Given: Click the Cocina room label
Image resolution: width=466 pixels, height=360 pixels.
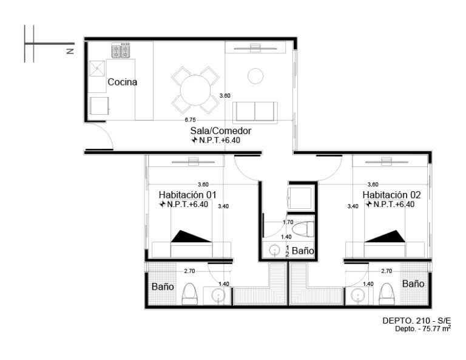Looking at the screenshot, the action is tap(122, 82).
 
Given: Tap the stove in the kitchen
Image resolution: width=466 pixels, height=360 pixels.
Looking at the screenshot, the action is tap(121, 50).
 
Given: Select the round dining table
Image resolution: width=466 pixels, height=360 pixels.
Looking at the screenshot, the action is tap(195, 90).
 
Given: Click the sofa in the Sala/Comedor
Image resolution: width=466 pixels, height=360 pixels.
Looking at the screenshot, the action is tap(255, 112).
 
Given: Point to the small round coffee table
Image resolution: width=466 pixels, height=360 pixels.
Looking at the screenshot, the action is tap(255, 76).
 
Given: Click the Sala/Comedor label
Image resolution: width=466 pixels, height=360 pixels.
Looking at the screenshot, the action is tap(220, 131).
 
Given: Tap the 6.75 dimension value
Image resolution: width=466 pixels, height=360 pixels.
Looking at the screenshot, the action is tap(190, 120).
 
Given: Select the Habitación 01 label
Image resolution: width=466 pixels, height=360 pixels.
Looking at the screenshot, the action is tap(187, 195).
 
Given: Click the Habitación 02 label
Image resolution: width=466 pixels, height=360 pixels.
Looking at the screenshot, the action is tap(391, 195).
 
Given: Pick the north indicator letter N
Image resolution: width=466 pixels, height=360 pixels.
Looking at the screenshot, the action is tap(70, 51).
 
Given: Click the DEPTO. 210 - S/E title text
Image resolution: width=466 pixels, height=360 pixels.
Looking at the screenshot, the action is tap(416, 321).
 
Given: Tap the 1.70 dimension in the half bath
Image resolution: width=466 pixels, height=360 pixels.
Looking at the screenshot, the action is tap(288, 222).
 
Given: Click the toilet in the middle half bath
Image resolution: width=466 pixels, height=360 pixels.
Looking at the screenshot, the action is tap(303, 229).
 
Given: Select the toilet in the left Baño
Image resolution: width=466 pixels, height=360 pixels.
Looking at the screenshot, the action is tap(189, 294).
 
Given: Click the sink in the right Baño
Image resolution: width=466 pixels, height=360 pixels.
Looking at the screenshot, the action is tap(357, 296).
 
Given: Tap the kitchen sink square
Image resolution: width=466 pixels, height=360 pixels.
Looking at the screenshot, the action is tap(97, 69).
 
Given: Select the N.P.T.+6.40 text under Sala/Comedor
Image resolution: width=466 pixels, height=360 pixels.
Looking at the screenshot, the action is tap(216, 140).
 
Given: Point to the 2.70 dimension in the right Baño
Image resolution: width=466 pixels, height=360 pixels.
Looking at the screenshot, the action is tap(387, 271).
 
